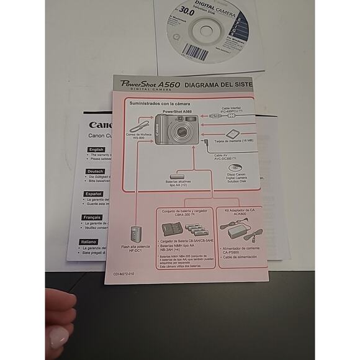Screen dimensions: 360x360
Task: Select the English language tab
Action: click(96, 150)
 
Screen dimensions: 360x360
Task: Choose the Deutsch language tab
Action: click(96, 171)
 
